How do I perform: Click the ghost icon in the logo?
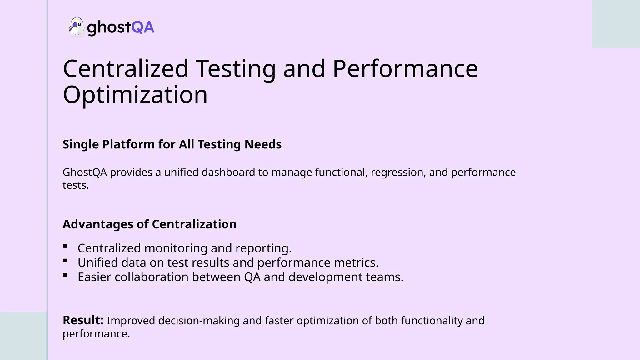point(77,27)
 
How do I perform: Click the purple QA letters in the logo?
point(143,27)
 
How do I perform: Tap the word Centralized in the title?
point(126,68)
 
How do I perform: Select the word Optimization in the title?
point(135,95)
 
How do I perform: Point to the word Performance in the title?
point(405,68)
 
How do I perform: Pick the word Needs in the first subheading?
point(263,144)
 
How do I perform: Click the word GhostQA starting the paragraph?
point(85,172)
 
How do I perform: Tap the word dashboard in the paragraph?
point(228,172)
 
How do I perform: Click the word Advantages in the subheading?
point(98,224)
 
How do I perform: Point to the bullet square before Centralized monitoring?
point(65,246)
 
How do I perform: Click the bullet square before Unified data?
point(65,261)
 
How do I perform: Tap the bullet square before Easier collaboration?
point(65,275)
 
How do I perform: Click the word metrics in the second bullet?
point(356,263)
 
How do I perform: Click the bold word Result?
point(83,320)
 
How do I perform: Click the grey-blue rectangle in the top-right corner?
point(616,24)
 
